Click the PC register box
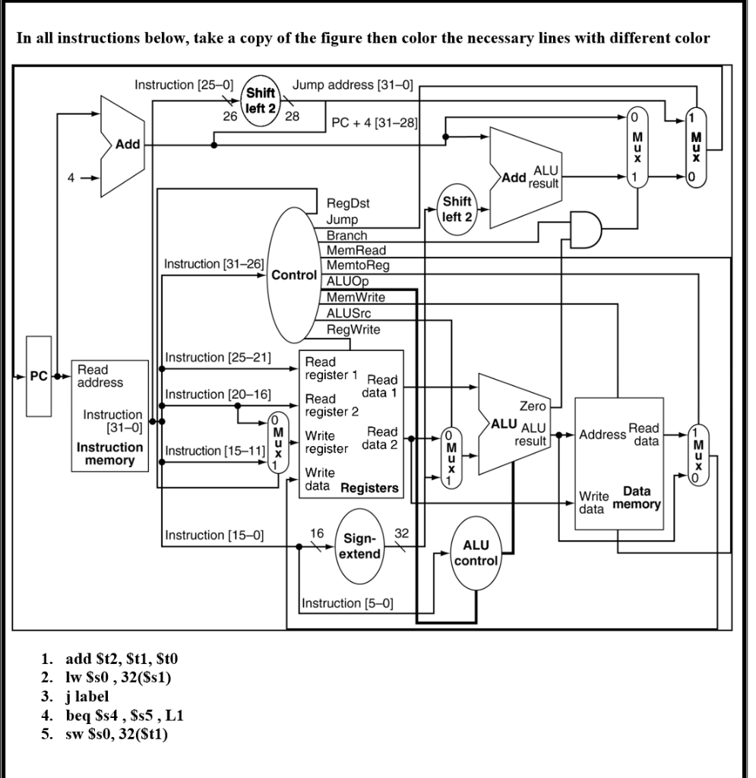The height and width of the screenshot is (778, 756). click(x=39, y=376)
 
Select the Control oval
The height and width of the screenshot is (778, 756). click(x=293, y=275)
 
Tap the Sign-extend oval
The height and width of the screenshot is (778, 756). click(x=359, y=546)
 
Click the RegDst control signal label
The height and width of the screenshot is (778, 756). click(x=348, y=204)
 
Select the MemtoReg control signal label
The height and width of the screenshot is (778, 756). click(x=357, y=265)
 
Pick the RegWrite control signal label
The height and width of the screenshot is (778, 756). click(x=353, y=329)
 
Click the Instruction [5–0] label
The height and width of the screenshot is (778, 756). click(x=346, y=603)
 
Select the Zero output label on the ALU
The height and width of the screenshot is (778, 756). click(x=532, y=406)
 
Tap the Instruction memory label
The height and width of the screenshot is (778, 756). click(x=110, y=454)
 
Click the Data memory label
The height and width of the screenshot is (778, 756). click(x=641, y=498)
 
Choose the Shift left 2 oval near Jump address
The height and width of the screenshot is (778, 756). click(x=260, y=102)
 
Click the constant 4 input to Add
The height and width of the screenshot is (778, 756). click(x=71, y=180)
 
